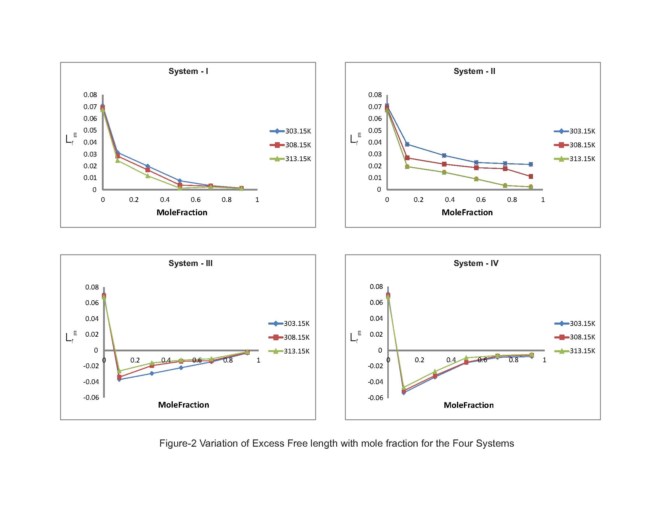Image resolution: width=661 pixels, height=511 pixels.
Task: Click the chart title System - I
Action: click(x=188, y=71)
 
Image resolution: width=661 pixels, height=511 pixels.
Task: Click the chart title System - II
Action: click(x=474, y=71)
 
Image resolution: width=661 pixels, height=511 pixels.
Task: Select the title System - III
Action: click(x=190, y=263)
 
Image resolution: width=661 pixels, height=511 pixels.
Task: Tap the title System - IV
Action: click(x=476, y=263)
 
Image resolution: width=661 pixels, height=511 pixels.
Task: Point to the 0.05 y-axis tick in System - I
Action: click(x=90, y=130)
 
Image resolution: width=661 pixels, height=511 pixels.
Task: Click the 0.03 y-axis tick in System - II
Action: click(x=375, y=154)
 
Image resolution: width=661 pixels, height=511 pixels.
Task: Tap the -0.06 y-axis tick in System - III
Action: click(x=91, y=397)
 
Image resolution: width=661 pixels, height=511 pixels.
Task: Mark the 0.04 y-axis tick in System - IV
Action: click(x=376, y=318)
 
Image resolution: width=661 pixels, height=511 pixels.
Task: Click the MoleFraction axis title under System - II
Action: click(x=467, y=213)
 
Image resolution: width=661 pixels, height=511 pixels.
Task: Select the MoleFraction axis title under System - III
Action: click(x=183, y=405)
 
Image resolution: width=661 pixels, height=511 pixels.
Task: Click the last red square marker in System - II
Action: click(x=531, y=176)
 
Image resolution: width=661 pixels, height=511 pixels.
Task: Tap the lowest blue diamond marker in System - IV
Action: click(x=404, y=393)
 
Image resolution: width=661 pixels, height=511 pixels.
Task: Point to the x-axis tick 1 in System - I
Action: click(x=257, y=200)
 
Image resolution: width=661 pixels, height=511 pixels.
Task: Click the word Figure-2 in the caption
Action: click(x=178, y=443)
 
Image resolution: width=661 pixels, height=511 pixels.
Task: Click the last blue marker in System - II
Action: click(x=531, y=164)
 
